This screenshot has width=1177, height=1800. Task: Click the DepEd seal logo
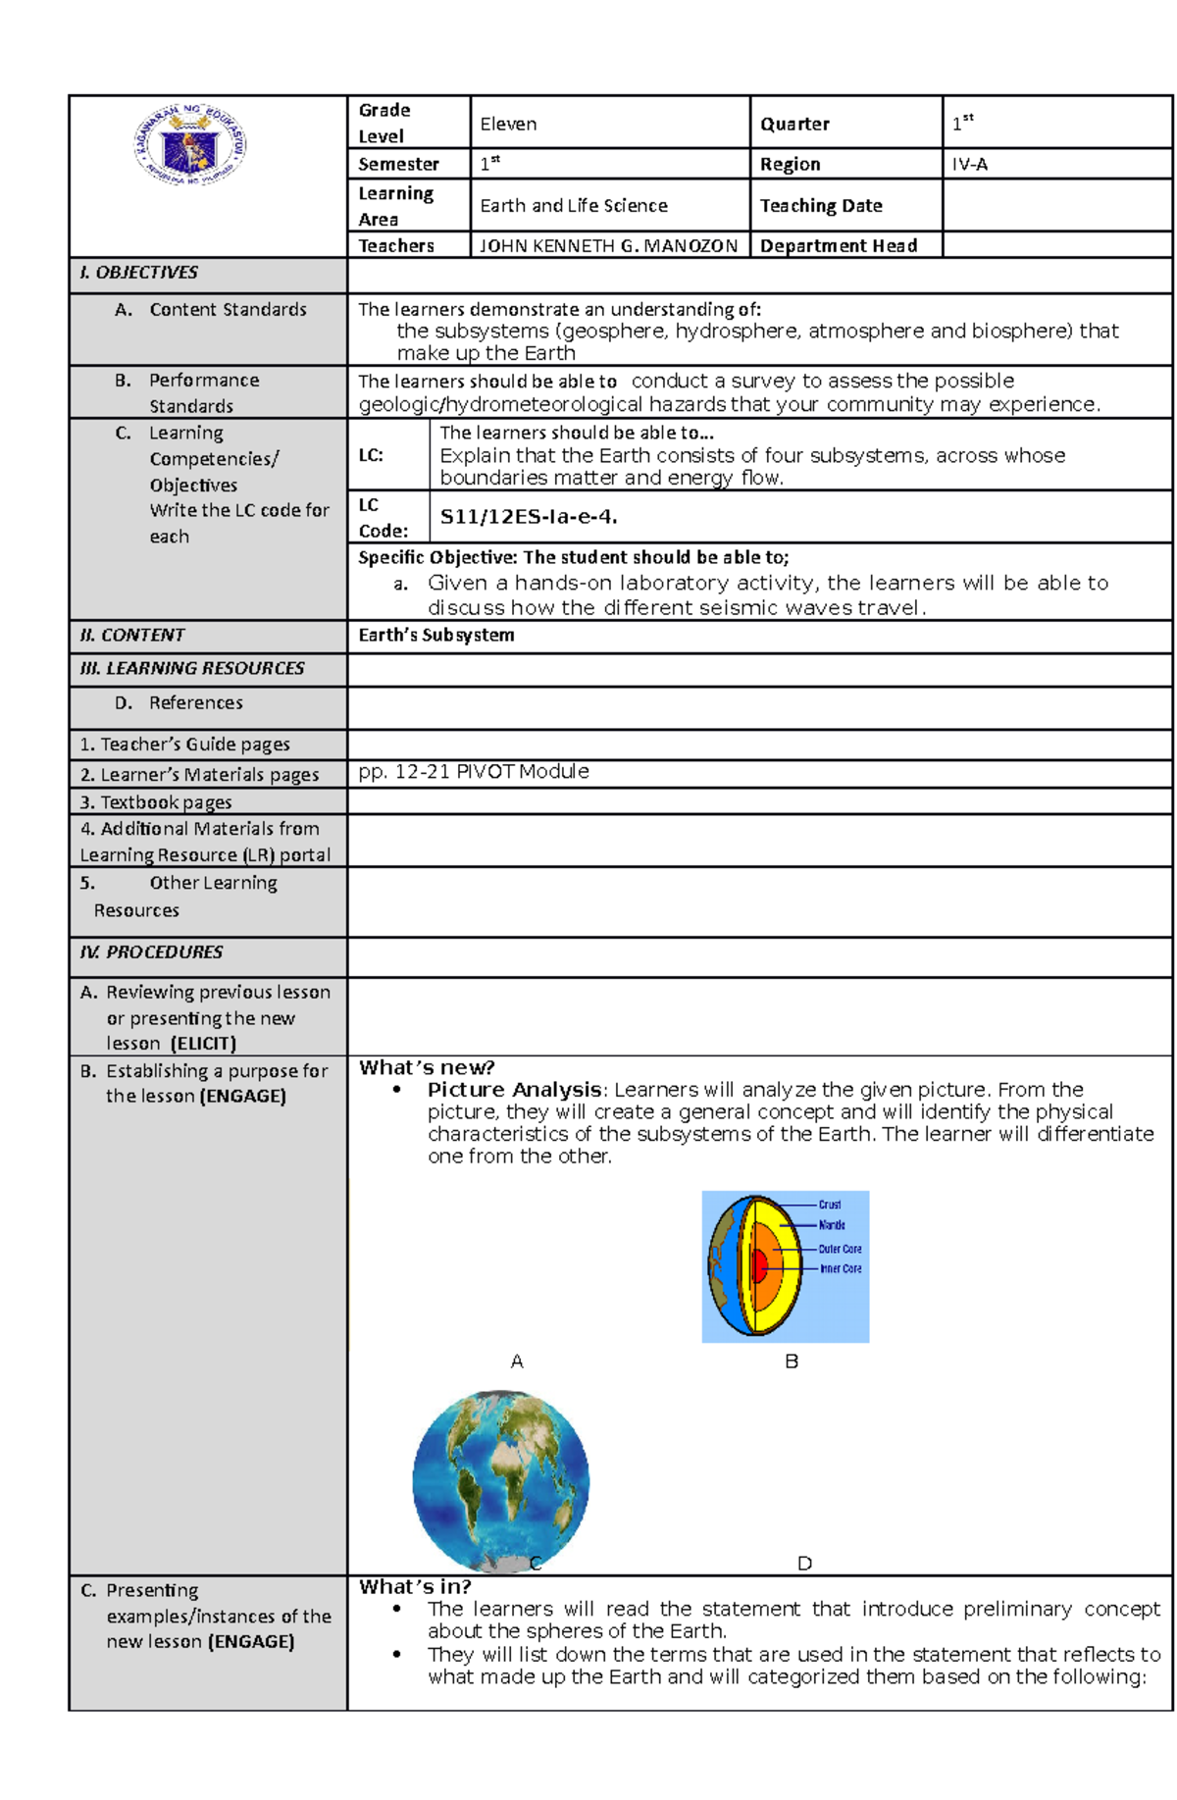pos(190,146)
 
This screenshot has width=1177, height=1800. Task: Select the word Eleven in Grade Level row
pos(508,125)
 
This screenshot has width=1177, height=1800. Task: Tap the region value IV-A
pos(969,165)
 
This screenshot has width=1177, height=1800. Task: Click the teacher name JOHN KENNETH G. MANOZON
pos(608,246)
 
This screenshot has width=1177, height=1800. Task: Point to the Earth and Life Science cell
pos(574,206)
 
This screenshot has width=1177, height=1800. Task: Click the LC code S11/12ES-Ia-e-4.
pos(529,517)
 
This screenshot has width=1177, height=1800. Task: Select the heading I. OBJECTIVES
pos(138,273)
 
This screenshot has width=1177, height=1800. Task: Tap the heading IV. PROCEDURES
pos(151,952)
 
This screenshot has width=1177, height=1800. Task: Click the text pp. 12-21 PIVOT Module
pos(474,772)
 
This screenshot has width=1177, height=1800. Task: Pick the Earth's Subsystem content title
pos(436,636)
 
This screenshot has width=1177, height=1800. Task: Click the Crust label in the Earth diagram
pos(830,1205)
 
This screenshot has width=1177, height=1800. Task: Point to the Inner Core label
pos(841,1269)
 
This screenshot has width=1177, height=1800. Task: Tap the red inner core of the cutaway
pos(758,1265)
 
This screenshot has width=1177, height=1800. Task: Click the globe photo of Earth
pos(500,1479)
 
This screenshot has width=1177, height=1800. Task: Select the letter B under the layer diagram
pos(792,1362)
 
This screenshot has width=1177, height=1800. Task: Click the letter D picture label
pos(804,1564)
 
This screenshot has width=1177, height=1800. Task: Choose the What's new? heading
pos(427,1067)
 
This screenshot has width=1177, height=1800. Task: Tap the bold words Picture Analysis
pos(514,1090)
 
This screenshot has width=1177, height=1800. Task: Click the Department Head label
pos(839,246)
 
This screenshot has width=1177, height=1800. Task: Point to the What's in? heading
pos(415,1587)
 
